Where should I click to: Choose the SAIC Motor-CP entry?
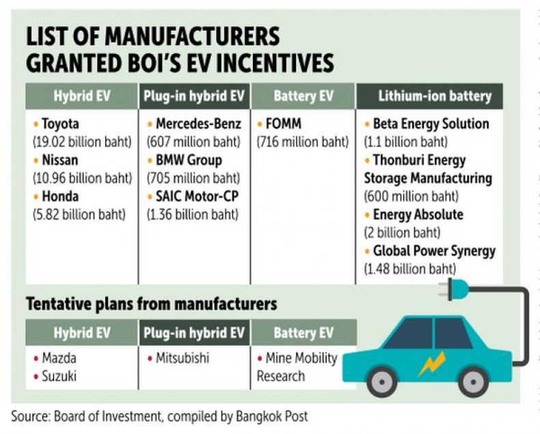pyautogui.click(x=197, y=198)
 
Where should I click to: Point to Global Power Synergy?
pyautogui.click(x=434, y=251)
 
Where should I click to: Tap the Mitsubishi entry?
pyautogui.click(x=180, y=358)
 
